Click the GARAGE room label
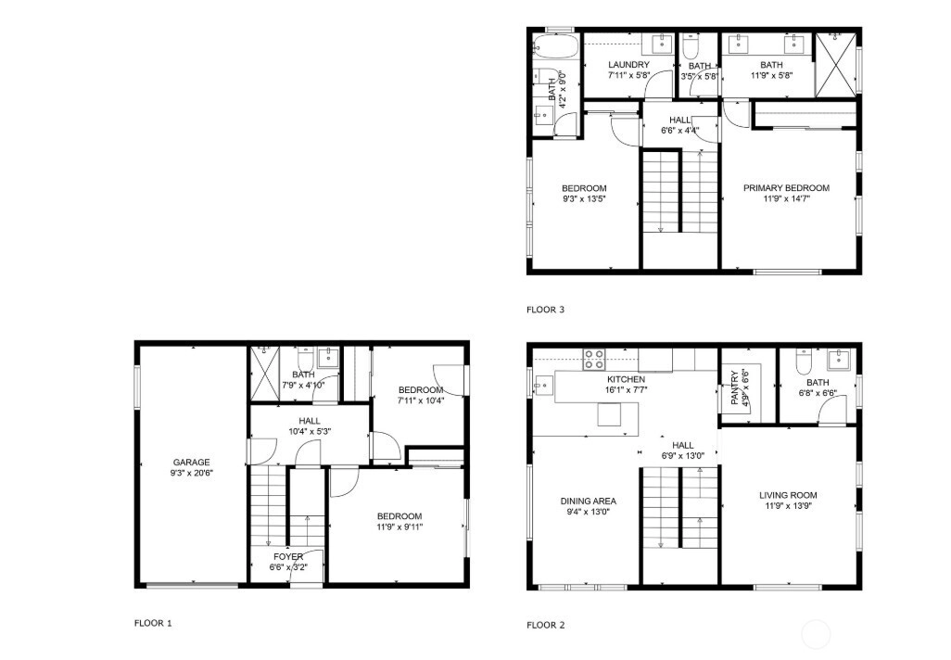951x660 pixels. pos(191,463)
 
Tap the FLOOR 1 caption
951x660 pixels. pos(153,623)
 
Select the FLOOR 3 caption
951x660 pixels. pos(545,310)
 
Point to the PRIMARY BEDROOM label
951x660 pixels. pos(786,188)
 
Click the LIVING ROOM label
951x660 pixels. pos(788,495)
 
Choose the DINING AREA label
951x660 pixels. pos(588,501)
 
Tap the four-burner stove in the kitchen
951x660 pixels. pos(594,359)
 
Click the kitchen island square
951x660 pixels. pos(609,415)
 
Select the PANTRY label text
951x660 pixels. pos(734,388)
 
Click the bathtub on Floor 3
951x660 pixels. pos(549,46)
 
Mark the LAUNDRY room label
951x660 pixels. pos(628,65)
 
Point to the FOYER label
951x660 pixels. pos(288,557)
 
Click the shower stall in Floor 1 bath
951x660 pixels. pos(264,374)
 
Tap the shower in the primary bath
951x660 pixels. pos(835,65)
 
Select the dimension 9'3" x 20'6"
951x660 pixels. pos(191,473)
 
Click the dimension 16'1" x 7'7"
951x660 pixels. pos(626,390)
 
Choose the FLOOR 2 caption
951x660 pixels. pos(545,625)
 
